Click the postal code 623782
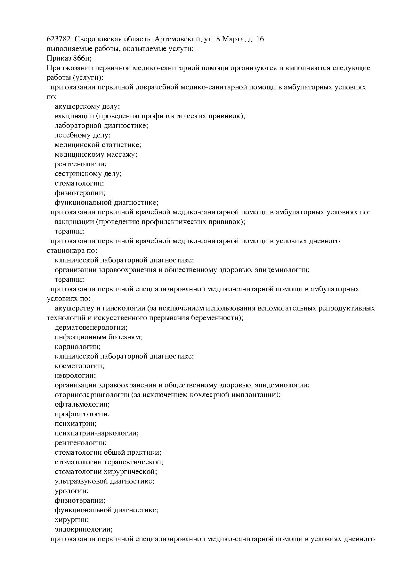pos(59,39)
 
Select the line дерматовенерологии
pos(91,327)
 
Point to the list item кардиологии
pos(77,347)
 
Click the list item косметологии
pos(79,366)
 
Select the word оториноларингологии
pos(92,395)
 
